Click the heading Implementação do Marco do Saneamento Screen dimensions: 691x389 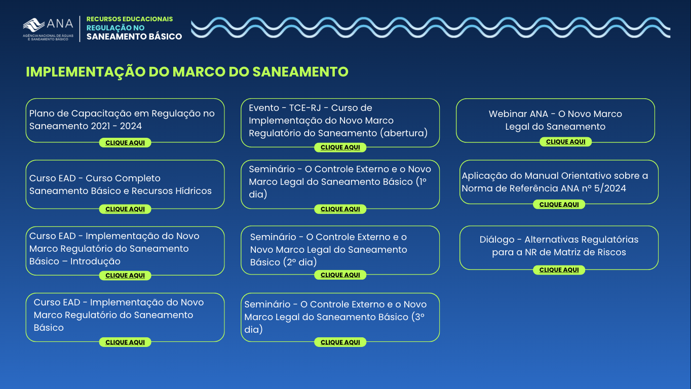coord(187,72)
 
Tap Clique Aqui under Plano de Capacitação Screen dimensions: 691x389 coord(125,143)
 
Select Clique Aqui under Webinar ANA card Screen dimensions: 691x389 coord(565,142)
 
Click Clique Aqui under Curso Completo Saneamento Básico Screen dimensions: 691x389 coord(125,209)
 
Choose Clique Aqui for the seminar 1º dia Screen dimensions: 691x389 coord(340,209)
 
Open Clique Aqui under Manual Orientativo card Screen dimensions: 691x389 coord(559,205)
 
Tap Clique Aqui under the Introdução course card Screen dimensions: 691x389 coord(125,276)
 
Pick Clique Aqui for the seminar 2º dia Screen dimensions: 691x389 coord(340,275)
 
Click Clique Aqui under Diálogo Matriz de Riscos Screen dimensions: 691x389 coord(559,270)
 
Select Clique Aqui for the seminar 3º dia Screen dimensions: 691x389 coord(340,342)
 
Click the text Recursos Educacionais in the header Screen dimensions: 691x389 coord(130,19)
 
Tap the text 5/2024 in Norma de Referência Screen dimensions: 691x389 coord(610,188)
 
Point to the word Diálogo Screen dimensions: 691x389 coord(496,240)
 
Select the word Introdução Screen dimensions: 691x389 coord(95,261)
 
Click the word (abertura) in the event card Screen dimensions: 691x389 coord(404,133)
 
